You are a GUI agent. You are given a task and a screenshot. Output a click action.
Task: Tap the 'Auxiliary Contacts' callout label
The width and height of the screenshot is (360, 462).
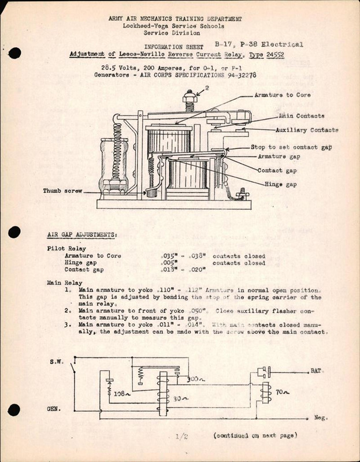tap(307, 130)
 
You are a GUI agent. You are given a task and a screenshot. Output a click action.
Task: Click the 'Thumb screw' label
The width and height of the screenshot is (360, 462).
tap(62, 190)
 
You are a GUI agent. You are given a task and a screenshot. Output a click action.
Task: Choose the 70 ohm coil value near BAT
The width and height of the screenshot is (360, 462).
tap(281, 392)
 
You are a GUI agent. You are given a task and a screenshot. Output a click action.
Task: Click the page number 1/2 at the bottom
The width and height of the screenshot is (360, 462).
tap(182, 437)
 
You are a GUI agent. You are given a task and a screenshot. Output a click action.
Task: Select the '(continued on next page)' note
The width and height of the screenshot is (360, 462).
tap(255, 435)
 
